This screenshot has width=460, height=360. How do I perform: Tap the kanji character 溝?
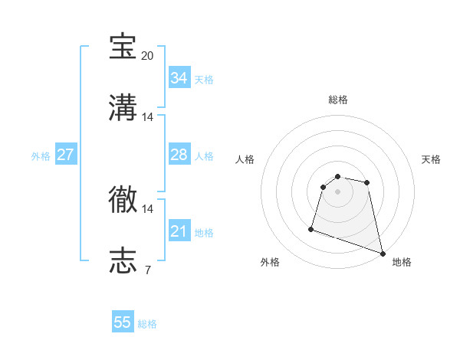[123, 108]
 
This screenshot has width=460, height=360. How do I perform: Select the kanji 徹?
[123, 200]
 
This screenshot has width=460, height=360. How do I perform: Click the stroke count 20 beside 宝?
[148, 56]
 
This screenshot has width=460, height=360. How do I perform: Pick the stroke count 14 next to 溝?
[148, 117]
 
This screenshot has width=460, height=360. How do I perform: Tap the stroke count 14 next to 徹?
[148, 208]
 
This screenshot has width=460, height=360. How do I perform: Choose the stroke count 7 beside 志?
[147, 270]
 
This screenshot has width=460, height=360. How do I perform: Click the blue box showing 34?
[179, 78]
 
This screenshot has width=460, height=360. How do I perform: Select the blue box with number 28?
[179, 155]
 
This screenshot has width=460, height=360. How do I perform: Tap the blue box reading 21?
[179, 231]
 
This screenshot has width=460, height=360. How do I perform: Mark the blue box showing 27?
[65, 155]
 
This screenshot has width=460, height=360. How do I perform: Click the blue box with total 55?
[123, 322]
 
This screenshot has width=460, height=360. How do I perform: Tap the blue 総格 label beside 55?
[147, 324]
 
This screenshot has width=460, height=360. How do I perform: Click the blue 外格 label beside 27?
[41, 156]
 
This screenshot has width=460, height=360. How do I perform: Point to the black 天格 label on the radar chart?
[431, 159]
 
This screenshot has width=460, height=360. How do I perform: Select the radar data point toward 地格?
[382, 253]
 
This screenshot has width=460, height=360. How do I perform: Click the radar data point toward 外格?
[311, 228]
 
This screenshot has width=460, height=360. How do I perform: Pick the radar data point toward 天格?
[367, 182]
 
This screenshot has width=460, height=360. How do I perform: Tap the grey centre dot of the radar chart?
[337, 191]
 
